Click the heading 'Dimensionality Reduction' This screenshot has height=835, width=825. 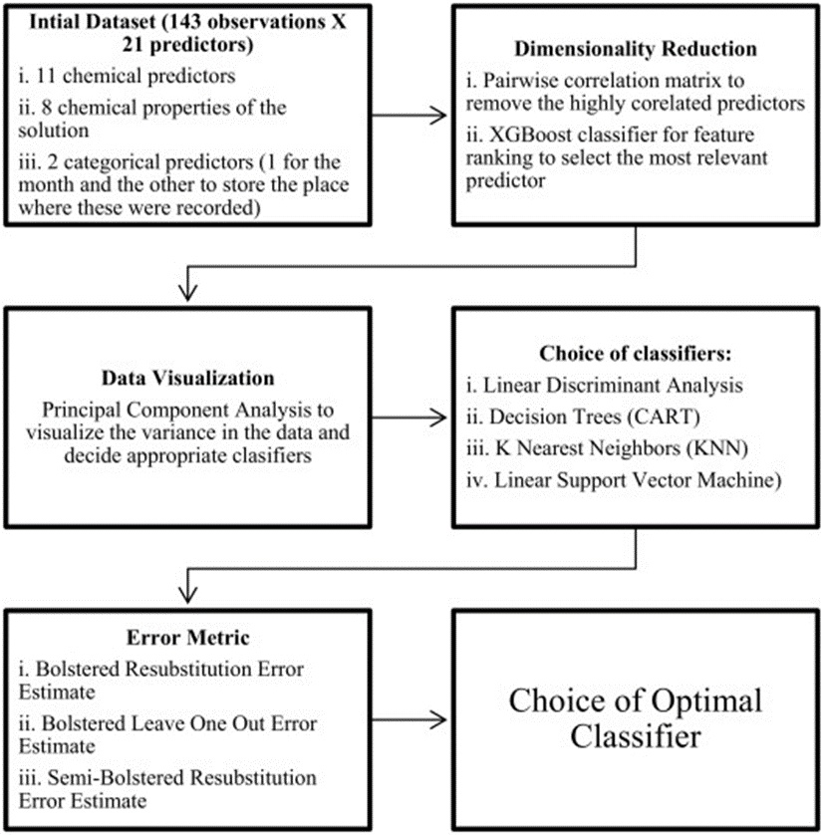tap(635, 49)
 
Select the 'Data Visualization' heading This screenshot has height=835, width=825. tap(187, 378)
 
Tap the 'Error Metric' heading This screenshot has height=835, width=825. tap(187, 637)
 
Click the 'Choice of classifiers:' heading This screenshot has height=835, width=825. tap(635, 353)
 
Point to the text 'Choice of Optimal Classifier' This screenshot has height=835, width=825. tap(635, 717)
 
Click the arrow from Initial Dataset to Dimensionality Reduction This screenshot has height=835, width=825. tap(409, 115)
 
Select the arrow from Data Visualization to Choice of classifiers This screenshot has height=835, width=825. tap(409, 417)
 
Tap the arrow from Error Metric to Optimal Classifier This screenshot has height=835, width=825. tap(409, 720)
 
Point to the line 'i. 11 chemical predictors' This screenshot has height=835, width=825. tap(127, 76)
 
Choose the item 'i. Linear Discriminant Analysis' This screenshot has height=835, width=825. tap(605, 385)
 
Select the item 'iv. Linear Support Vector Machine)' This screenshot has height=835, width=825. tap(624, 480)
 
